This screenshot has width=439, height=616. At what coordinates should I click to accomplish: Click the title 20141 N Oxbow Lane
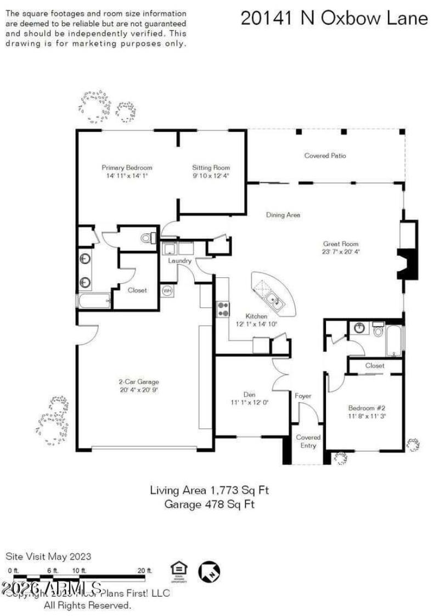334,18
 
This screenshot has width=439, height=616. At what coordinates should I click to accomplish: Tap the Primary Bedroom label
127,167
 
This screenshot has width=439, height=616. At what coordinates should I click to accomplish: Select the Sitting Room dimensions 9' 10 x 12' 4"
211,176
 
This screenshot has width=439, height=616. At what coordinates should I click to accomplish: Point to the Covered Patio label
325,156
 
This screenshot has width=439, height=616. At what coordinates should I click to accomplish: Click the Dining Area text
283,215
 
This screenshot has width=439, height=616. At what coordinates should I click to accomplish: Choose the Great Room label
340,244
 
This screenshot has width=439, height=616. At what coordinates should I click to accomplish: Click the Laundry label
179,261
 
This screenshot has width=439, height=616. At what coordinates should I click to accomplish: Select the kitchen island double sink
272,300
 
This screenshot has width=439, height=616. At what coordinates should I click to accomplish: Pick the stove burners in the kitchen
223,309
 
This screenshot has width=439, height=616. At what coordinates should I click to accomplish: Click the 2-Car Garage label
139,382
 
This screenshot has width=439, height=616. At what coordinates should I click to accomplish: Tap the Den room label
250,394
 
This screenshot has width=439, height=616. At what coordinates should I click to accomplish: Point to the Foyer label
303,396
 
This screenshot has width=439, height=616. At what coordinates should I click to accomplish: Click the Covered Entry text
308,441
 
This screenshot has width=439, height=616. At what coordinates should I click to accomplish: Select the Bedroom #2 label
367,408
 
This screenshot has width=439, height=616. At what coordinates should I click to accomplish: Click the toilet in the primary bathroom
147,238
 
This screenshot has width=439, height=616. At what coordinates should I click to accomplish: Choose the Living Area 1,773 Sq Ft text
210,490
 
